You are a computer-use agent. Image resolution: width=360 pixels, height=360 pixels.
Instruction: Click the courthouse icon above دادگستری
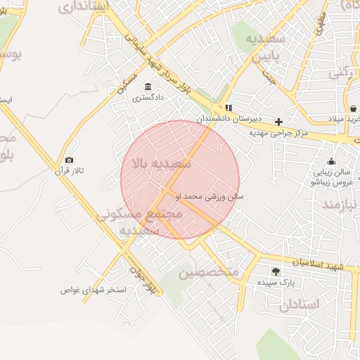148,87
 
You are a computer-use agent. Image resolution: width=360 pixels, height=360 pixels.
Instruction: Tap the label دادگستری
148,98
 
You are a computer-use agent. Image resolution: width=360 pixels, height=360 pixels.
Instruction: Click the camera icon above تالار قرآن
69,160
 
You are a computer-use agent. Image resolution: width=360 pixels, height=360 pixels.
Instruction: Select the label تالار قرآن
69,171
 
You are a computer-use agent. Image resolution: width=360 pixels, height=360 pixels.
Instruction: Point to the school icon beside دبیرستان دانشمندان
229,108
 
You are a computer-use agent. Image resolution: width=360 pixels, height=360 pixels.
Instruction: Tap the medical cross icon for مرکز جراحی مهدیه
279,122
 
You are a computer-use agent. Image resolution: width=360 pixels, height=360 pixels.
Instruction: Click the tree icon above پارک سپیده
276,271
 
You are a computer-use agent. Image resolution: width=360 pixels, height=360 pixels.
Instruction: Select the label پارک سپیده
276,282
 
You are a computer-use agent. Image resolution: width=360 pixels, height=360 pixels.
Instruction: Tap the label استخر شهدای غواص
93,290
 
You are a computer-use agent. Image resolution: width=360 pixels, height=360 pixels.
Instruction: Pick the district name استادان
299,304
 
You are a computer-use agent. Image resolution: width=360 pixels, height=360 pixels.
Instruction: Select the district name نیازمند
341,205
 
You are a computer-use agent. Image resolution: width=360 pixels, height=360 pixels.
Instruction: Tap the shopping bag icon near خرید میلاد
352,108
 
